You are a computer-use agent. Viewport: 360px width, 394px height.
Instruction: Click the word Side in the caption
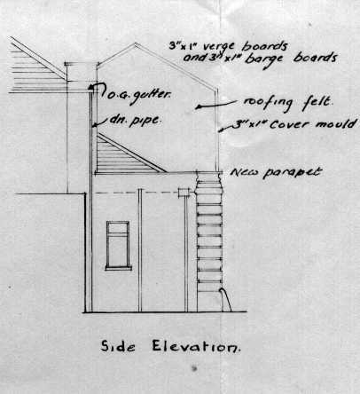click(118, 346)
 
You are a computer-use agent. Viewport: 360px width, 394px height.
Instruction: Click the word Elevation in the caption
click(196, 346)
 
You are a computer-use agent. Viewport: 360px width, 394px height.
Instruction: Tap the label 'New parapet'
click(276, 172)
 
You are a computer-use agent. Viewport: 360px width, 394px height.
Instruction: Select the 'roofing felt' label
click(288, 104)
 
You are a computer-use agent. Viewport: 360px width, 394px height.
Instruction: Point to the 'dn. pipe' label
click(136, 120)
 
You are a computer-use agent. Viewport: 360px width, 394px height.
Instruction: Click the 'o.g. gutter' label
click(138, 95)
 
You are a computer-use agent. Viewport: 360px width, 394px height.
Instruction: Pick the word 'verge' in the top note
click(219, 46)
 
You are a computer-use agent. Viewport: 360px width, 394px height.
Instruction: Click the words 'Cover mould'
click(313, 123)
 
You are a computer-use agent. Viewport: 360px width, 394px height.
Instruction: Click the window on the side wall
click(118, 245)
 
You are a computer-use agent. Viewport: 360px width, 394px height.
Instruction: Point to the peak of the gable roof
click(136, 43)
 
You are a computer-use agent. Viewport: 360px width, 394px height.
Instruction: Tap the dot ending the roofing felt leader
click(198, 106)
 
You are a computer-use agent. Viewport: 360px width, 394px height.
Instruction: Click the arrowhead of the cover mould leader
click(220, 130)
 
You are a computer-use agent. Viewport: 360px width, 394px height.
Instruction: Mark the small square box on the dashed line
click(184, 193)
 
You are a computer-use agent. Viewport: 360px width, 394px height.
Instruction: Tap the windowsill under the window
click(118, 269)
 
